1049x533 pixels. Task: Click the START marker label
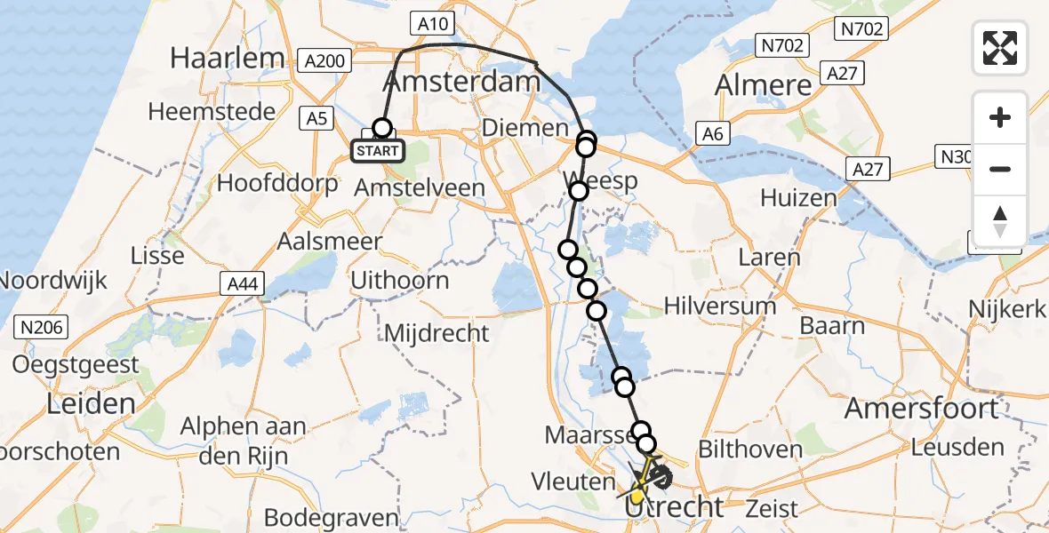pos(378,151)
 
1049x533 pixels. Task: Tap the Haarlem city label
pos(227,58)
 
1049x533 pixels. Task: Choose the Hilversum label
pos(720,306)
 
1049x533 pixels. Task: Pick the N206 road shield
pos(41,328)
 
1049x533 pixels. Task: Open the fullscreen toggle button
pos(1000,47)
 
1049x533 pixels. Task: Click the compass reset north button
pos(1000,220)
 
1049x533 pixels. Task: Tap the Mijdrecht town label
pos(436,334)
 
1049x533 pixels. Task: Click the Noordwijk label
pos(53,280)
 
